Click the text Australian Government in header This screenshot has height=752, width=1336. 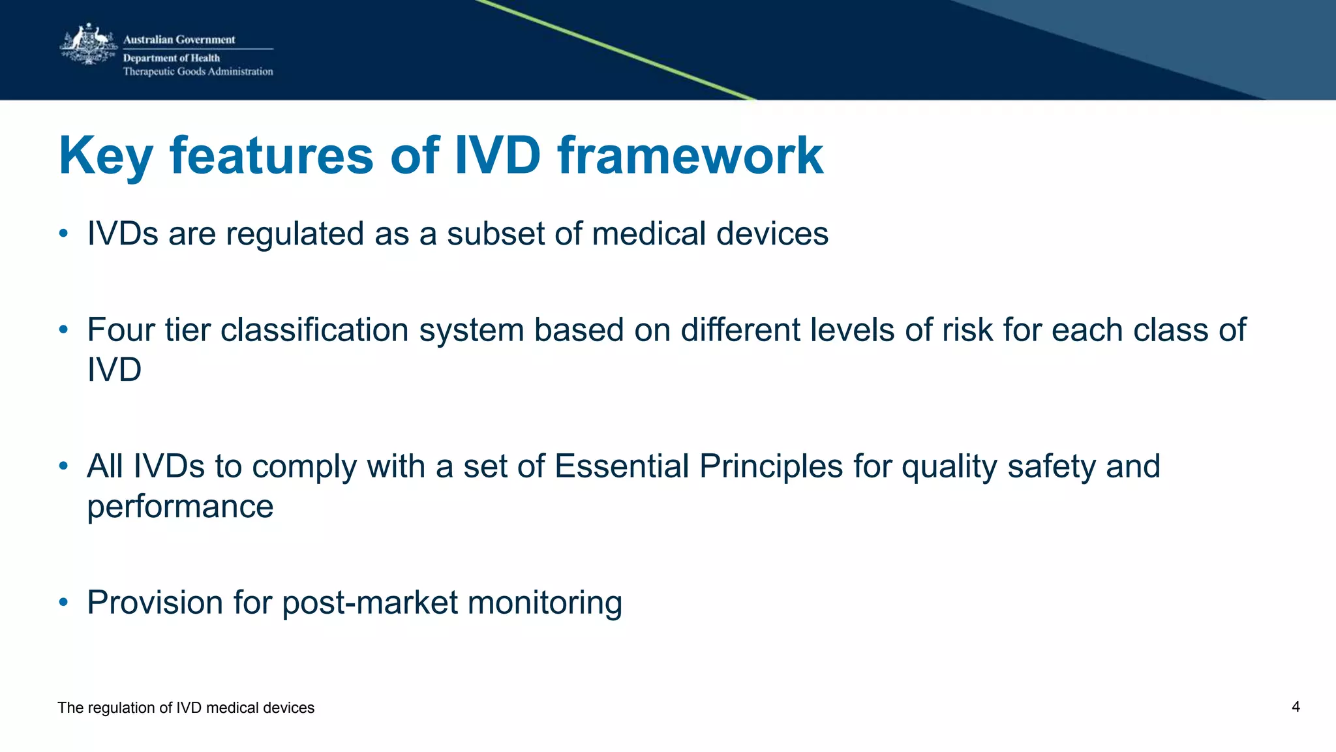[179, 40]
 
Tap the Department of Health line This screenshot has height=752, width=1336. [171, 58]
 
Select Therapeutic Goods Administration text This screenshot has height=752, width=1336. [198, 72]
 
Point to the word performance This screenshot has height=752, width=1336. [180, 507]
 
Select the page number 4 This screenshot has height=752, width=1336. [1296, 707]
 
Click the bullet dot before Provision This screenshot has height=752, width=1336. [63, 602]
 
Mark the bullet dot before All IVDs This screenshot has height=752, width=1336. [63, 466]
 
